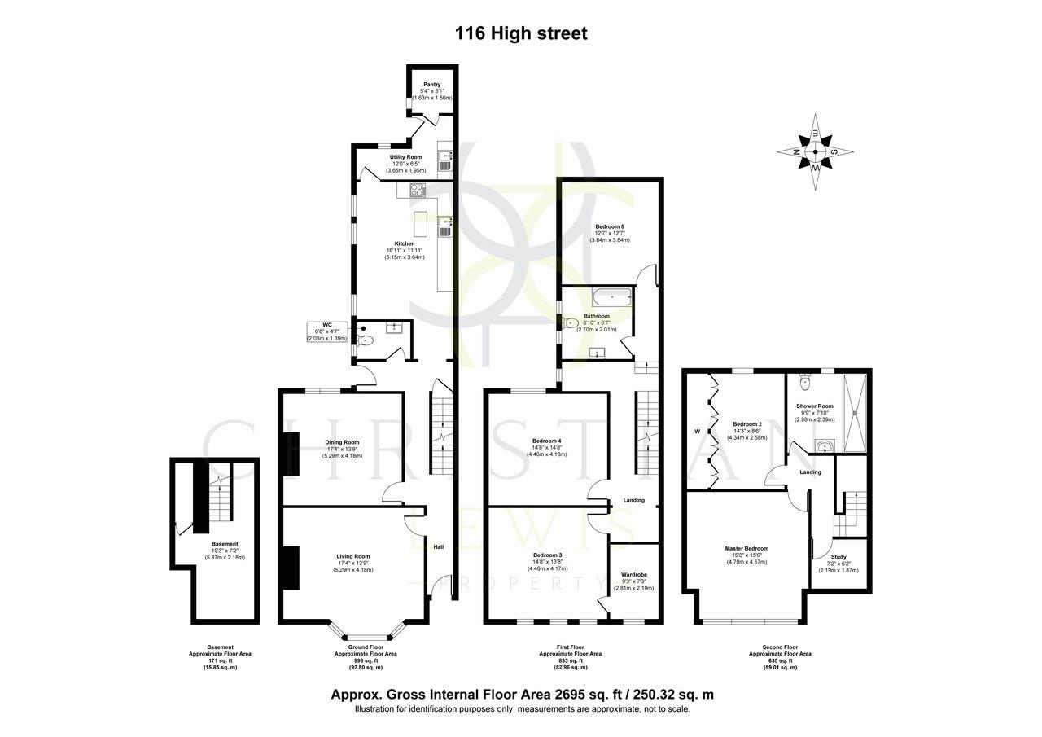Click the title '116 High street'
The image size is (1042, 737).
coord(521,33)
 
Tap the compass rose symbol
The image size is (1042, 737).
coord(815,151)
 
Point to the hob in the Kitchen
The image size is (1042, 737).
coord(417,191)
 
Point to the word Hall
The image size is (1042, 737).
coord(438,546)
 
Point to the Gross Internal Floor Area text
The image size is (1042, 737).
coord(522,695)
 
